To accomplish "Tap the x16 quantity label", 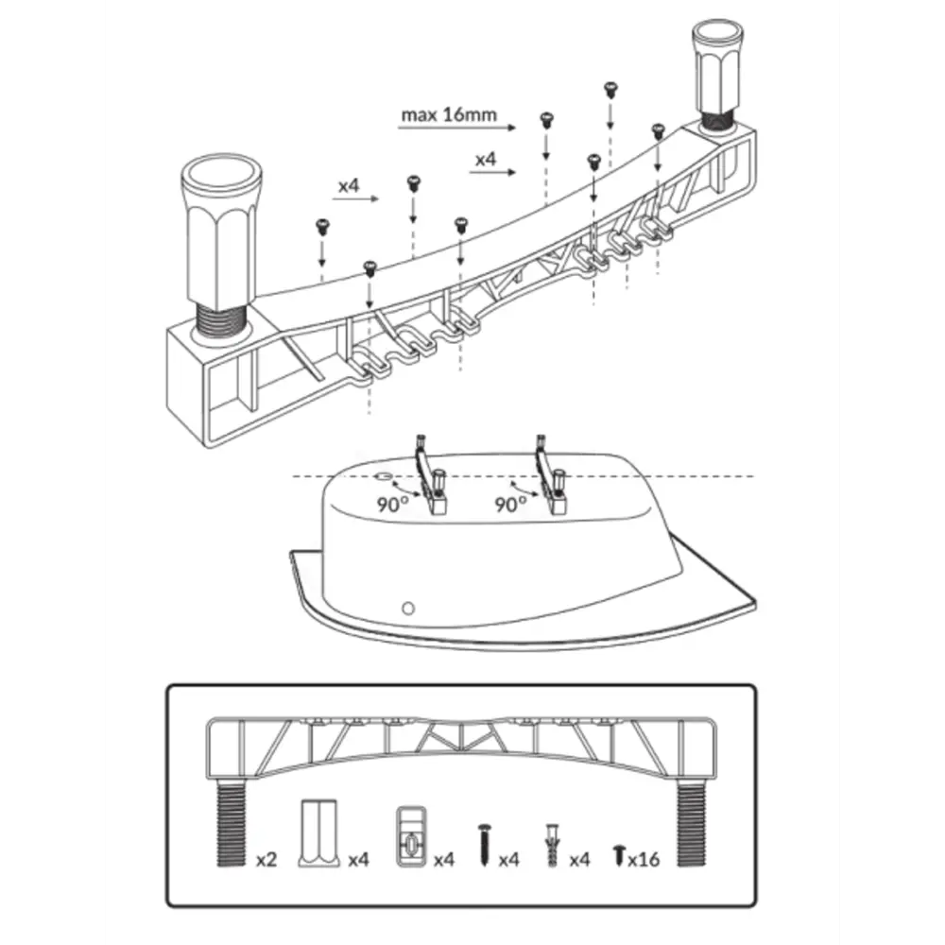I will coord(643,860).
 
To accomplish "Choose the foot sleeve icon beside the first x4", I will coord(320,832).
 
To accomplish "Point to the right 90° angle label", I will coord(510,504).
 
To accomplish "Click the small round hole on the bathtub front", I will coord(408,606).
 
